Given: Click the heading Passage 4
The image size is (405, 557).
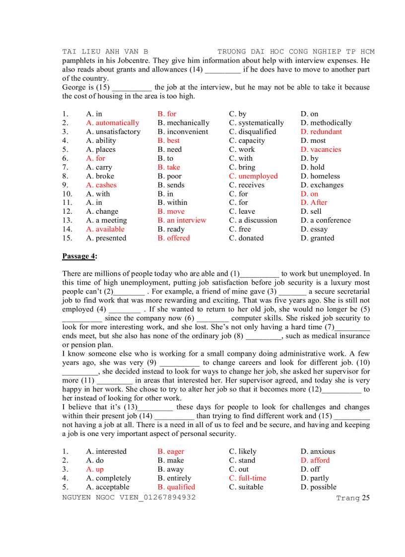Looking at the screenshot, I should point(79,256).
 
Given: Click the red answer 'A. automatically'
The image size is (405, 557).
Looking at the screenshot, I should point(113,123).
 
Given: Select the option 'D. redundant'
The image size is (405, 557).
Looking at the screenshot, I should point(321,131).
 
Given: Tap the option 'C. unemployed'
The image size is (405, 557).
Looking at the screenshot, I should point(253,176).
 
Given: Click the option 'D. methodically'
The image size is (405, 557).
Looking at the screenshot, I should point(326,123).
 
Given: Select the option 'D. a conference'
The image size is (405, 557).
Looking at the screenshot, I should point(326,220).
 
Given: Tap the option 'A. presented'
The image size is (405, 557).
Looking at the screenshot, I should point(106,238).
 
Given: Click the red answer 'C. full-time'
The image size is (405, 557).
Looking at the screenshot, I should point(248,478).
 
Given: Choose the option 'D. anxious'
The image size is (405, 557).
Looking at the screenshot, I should point(318,451).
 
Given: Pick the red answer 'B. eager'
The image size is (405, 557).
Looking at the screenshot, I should point(171,451).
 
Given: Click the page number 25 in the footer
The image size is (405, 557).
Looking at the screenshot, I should point(365,498).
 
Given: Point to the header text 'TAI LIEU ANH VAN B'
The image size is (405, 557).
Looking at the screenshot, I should point(105,51).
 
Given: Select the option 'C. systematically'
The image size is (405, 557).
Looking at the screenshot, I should point(257,123).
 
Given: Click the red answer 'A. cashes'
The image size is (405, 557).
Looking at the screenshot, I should point(101,185).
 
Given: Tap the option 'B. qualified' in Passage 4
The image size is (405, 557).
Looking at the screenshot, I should point(176,487).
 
